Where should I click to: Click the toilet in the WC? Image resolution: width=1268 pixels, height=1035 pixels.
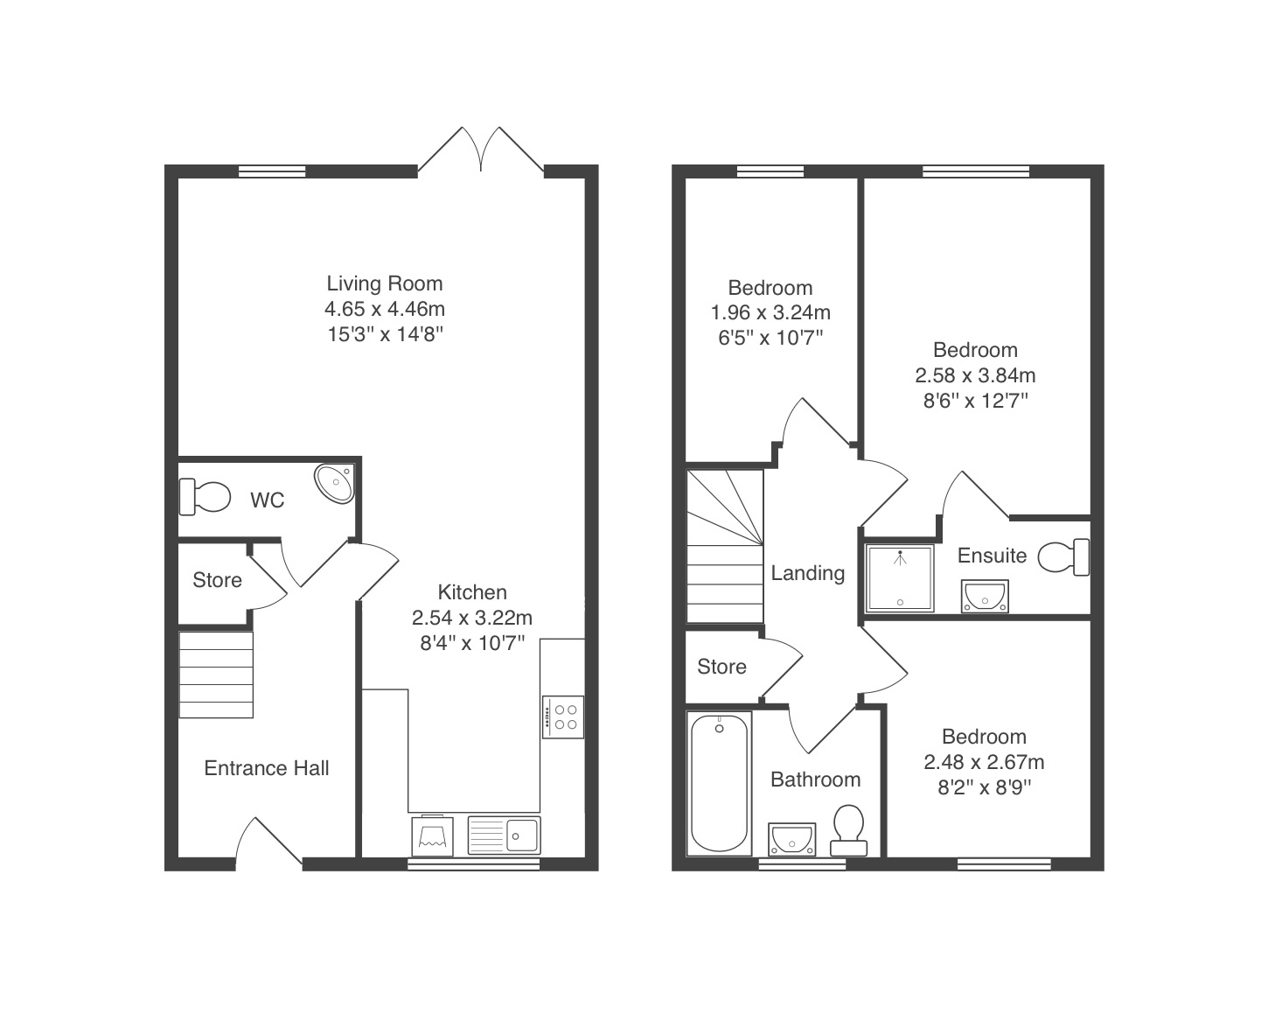click(205, 497)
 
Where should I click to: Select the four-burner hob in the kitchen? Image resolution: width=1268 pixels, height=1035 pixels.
click(563, 717)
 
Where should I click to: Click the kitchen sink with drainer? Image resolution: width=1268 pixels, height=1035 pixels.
click(504, 836)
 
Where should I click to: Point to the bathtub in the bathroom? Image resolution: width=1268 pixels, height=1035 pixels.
click(719, 783)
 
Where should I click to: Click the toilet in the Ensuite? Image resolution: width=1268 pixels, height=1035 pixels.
click(1063, 557)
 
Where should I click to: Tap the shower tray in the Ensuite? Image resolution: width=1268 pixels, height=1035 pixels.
click(900, 578)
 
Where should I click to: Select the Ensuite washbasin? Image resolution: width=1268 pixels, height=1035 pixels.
click(985, 596)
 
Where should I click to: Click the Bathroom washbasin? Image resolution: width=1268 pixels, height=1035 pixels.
click(791, 839)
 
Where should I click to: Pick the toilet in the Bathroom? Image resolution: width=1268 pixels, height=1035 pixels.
click(848, 830)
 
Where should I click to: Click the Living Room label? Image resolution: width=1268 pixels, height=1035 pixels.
click(385, 283)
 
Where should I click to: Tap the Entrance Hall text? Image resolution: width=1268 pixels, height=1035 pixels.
click(267, 768)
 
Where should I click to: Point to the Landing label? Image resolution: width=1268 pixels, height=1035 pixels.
click(807, 573)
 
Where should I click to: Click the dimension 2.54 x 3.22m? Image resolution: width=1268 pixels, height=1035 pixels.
click(472, 618)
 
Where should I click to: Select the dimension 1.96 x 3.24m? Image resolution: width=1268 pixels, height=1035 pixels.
click(770, 312)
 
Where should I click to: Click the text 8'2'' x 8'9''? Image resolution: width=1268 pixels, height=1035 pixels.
click(984, 787)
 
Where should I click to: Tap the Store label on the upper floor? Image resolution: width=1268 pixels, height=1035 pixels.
click(721, 667)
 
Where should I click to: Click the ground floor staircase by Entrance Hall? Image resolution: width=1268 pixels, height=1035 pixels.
click(216, 675)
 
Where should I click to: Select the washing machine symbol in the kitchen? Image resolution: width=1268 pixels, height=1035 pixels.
click(432, 836)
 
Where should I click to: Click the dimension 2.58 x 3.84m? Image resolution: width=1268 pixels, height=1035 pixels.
click(975, 375)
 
